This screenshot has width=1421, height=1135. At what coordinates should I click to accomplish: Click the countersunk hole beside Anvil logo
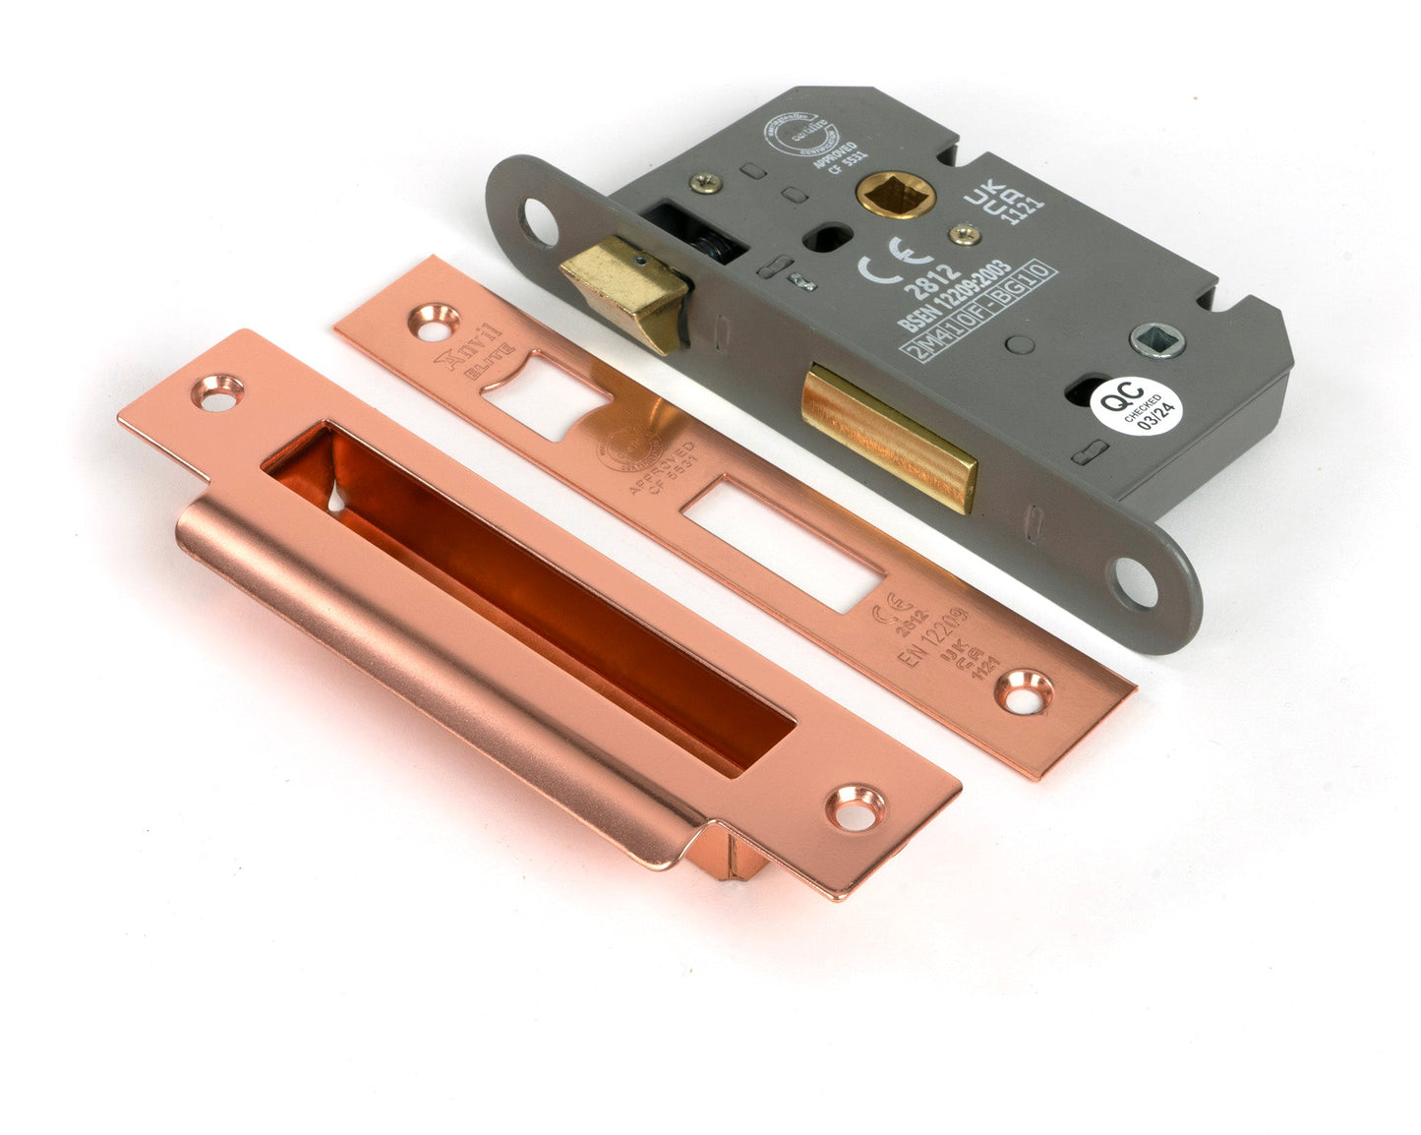[x=434, y=319]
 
